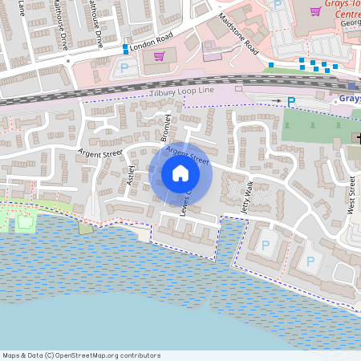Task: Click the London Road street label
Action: click(x=152, y=47)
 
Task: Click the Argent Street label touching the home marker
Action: click(x=187, y=156)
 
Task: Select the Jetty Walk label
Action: click(x=249, y=195)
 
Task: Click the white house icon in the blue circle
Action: click(x=180, y=173)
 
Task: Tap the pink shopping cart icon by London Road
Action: click(x=159, y=56)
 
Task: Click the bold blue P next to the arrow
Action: click(x=291, y=102)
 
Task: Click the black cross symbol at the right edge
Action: click(x=356, y=137)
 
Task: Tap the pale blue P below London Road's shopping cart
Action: click(x=124, y=68)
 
